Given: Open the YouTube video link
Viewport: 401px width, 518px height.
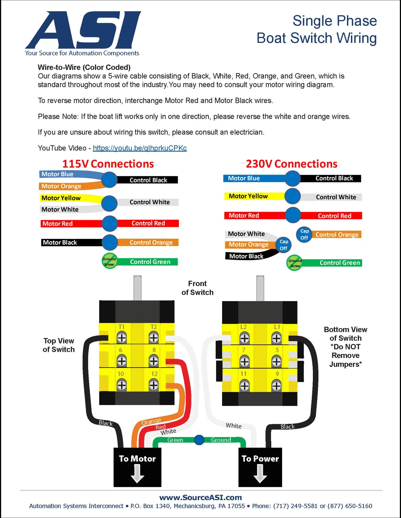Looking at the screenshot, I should coord(140,148).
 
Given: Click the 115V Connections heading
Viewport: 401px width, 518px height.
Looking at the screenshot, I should coord(108,164).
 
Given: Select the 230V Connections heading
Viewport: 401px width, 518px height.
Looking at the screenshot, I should coord(292,164).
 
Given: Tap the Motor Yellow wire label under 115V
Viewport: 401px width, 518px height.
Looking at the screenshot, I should coord(61,198).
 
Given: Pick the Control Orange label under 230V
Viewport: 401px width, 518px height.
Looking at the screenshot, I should coord(337,235).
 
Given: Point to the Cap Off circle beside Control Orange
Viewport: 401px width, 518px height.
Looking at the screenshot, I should coord(304,234).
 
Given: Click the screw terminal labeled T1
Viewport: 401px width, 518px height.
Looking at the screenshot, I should coord(122,338).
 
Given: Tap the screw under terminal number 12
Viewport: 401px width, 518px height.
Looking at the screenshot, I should coord(154,385).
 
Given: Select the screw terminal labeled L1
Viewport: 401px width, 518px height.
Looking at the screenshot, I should coord(276,338).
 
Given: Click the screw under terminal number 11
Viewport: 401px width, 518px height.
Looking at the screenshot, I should coord(245,386).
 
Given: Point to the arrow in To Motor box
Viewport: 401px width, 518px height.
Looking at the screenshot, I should coord(137,474).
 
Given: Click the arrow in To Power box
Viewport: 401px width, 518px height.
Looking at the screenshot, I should coord(260,474).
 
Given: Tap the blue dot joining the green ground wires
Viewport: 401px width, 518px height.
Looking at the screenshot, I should coord(199,440).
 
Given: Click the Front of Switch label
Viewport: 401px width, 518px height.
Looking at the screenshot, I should coord(198,288).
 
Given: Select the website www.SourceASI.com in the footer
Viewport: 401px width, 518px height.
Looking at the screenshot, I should coord(201,497).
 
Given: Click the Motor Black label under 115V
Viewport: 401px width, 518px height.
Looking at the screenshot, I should coord(60,243).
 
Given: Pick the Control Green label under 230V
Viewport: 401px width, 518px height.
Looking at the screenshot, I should coord(340,263).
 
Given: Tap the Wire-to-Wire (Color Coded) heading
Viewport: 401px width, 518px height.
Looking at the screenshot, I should coord(84,67).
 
